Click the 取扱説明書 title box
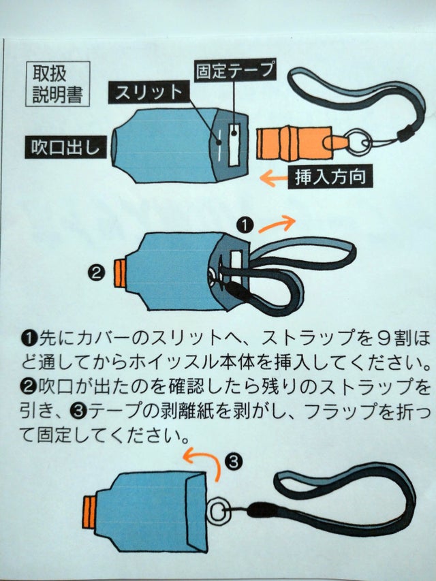[x=58, y=84]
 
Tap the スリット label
[x=149, y=93]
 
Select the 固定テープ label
[x=236, y=69]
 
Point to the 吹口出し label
[x=65, y=147]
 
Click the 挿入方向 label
[x=330, y=176]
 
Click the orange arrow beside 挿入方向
[x=273, y=178]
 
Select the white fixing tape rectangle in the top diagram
[x=234, y=144]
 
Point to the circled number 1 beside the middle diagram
[x=245, y=225]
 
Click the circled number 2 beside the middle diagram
[x=96, y=273]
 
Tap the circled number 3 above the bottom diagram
[x=234, y=462]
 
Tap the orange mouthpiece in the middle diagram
[x=120, y=274]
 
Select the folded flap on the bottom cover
[x=196, y=512]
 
